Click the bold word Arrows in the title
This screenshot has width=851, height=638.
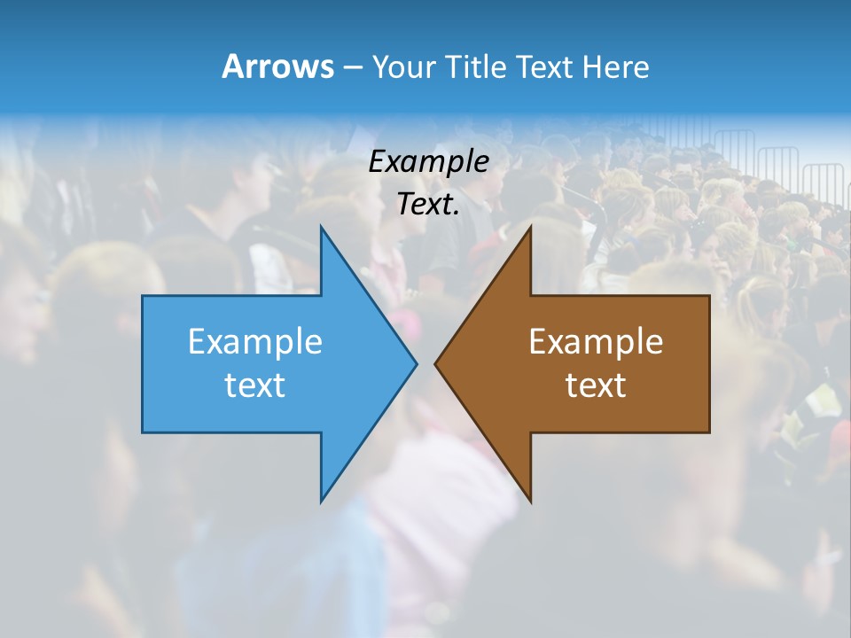coord(277,66)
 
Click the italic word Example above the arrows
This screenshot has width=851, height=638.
coord(429,162)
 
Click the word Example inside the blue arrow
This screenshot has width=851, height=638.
coord(255,341)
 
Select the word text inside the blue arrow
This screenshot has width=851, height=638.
coord(255,385)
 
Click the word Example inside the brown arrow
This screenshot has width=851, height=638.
coord(596,341)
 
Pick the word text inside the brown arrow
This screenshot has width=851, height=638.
coord(596,385)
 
